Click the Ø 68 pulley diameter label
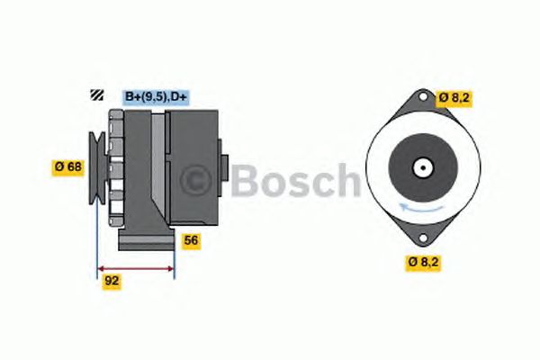pyautogui.click(x=67, y=167)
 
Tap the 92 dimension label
pyautogui.click(x=112, y=281)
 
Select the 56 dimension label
pyautogui.click(x=191, y=240)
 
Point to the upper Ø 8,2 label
pyautogui.click(x=454, y=98)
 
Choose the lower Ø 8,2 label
pyautogui.click(x=423, y=262)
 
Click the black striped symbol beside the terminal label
pyautogui.click(x=97, y=94)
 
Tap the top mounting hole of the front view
pyautogui.click(x=423, y=96)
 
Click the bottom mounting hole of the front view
pyautogui.click(x=423, y=238)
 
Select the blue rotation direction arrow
pyautogui.click(x=420, y=209)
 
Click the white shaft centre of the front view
pyautogui.click(x=423, y=167)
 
